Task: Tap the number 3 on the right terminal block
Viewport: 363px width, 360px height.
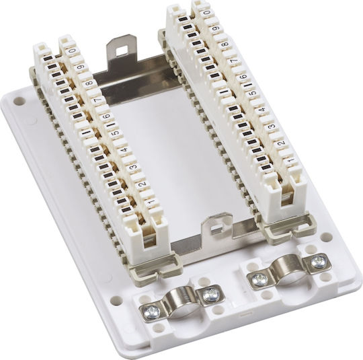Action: [272, 126]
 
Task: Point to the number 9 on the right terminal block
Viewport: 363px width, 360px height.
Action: [215, 28]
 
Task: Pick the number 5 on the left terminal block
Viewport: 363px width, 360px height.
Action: [116, 133]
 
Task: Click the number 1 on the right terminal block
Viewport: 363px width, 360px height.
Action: [289, 159]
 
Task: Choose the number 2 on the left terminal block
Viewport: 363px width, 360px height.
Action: [143, 184]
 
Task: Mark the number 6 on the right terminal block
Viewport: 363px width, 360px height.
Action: [244, 76]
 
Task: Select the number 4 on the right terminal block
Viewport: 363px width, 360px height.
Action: [263, 110]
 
